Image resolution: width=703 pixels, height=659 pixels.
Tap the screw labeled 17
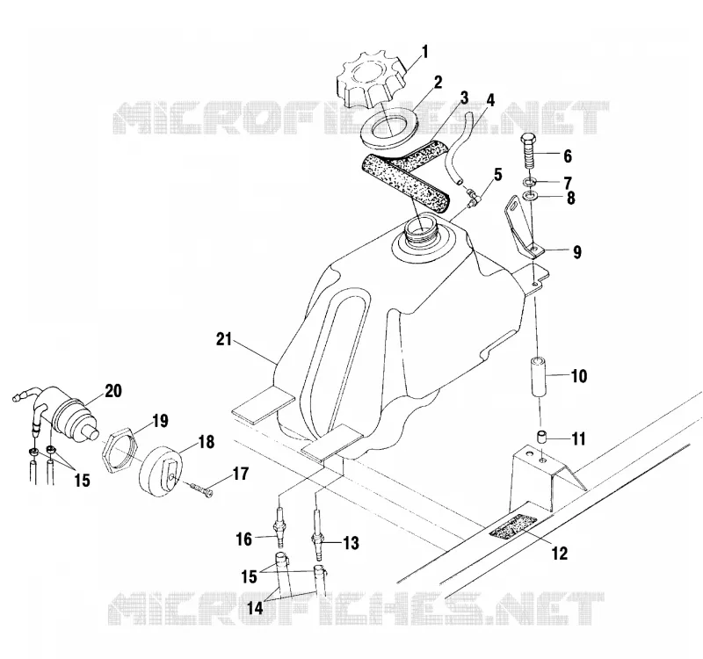click(x=202, y=489)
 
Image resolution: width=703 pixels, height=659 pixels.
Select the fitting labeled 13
click(x=317, y=537)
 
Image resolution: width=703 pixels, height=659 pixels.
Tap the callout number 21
click(x=224, y=339)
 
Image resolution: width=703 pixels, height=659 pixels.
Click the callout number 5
click(x=498, y=175)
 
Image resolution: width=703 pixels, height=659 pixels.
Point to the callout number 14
click(x=256, y=608)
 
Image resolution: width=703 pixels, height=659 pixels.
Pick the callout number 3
click(x=464, y=98)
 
